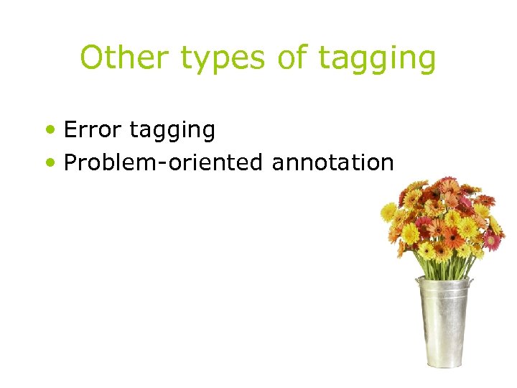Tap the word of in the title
click(291, 57)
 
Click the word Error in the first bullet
click(92, 129)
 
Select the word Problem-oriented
click(163, 163)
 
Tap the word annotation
click(332, 162)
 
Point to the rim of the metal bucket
click(444, 282)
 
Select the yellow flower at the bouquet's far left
click(388, 211)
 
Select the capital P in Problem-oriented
click(71, 162)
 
